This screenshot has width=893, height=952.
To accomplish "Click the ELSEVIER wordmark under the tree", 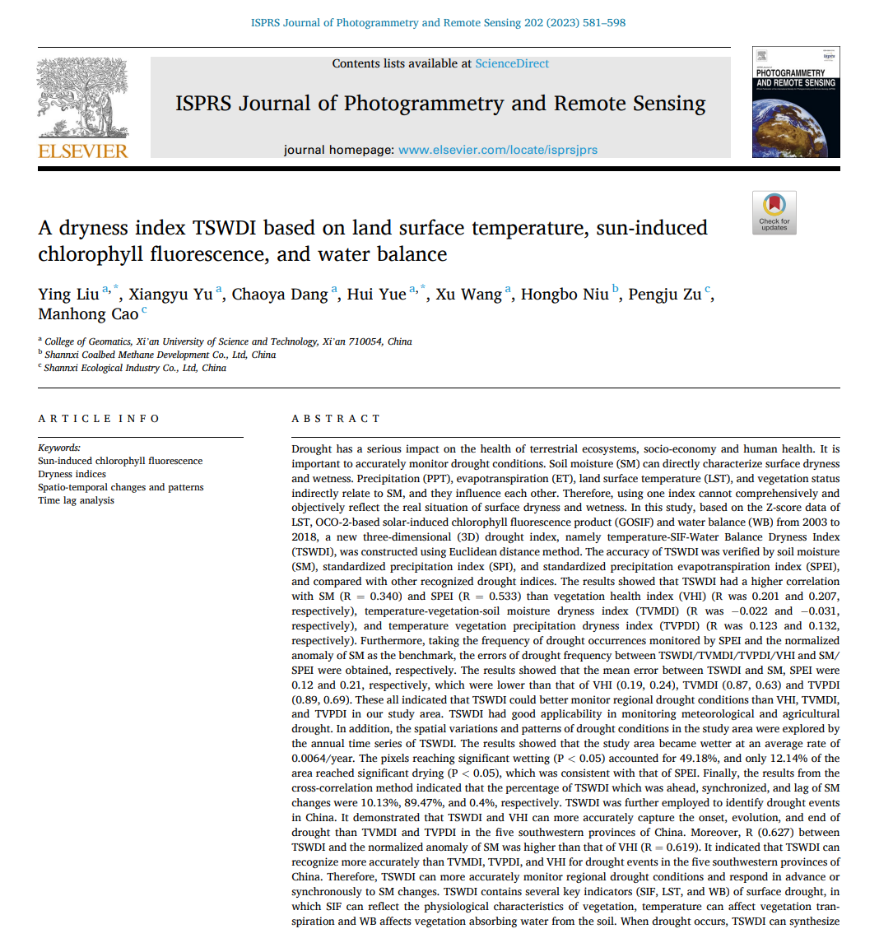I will [83, 151].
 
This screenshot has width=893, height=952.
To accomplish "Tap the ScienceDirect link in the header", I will [512, 63].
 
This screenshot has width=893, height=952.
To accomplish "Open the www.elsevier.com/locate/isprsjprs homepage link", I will [498, 150].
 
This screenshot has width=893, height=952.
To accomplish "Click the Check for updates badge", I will [774, 212].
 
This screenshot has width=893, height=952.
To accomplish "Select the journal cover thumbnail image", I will [796, 102].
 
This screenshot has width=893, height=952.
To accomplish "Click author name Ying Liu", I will [68, 295].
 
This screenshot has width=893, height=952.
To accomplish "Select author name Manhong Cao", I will [88, 314].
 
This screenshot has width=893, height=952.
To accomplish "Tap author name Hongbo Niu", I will [565, 295].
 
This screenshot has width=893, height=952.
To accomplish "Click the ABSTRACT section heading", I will [336, 419].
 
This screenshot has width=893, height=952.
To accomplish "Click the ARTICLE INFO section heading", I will [99, 419].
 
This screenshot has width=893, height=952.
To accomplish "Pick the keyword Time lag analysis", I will [76, 500].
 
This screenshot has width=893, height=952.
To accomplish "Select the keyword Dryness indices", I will [72, 474].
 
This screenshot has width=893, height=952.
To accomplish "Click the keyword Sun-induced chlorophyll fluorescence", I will [120, 461].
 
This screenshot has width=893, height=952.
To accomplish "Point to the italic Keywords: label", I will [59, 448].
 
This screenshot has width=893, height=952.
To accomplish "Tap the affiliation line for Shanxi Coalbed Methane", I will [160, 355].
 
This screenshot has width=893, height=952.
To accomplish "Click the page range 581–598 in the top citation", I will [604, 23].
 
